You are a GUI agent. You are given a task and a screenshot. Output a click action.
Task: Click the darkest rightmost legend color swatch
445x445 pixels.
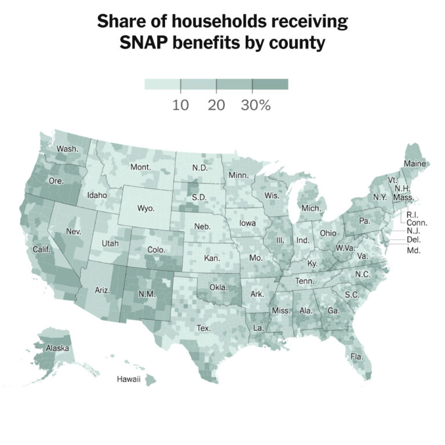tap(270, 85)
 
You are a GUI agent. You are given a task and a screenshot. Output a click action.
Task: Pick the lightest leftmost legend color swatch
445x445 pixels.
tap(162, 85)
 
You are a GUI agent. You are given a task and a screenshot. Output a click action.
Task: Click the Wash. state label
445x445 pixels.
tap(67, 149)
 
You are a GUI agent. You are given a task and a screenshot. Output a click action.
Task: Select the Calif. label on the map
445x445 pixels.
tap(42, 250)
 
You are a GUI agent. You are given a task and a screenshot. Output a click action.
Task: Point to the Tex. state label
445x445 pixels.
tap(203, 327)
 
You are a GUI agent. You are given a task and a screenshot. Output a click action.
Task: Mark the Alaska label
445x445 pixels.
tap(58, 348)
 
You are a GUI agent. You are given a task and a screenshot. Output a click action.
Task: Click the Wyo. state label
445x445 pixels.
tap(146, 208)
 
